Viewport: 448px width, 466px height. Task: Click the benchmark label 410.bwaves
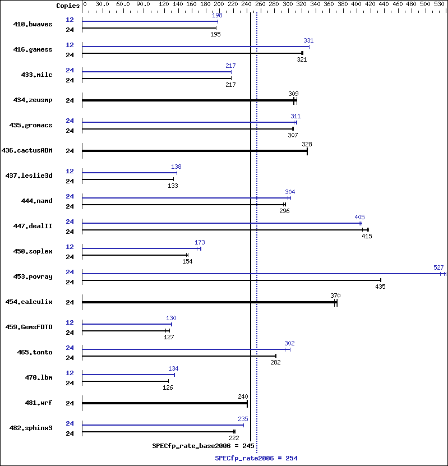(x=33, y=24)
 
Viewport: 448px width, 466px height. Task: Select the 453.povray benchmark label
(x=33, y=276)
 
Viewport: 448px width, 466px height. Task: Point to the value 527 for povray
(x=438, y=267)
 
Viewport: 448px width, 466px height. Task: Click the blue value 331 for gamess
(x=308, y=40)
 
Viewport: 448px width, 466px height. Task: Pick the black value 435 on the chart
(x=380, y=287)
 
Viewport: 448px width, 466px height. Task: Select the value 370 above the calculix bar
(x=335, y=296)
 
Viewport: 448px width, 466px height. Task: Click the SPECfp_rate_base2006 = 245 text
(x=203, y=446)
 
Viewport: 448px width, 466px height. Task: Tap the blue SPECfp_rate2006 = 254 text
(x=256, y=458)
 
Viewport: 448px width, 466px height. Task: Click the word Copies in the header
(x=68, y=5)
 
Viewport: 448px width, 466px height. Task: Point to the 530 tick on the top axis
(x=440, y=4)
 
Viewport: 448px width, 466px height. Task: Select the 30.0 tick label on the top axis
(x=102, y=4)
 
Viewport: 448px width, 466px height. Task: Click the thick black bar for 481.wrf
(x=165, y=403)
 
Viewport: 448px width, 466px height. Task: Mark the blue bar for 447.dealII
(x=221, y=223)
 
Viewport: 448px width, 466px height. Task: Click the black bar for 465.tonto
(x=179, y=356)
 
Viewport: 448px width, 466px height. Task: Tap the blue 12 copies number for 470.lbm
(x=70, y=373)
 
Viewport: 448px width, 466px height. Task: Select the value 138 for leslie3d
(x=176, y=167)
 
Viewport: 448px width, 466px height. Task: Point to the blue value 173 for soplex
(x=200, y=242)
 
